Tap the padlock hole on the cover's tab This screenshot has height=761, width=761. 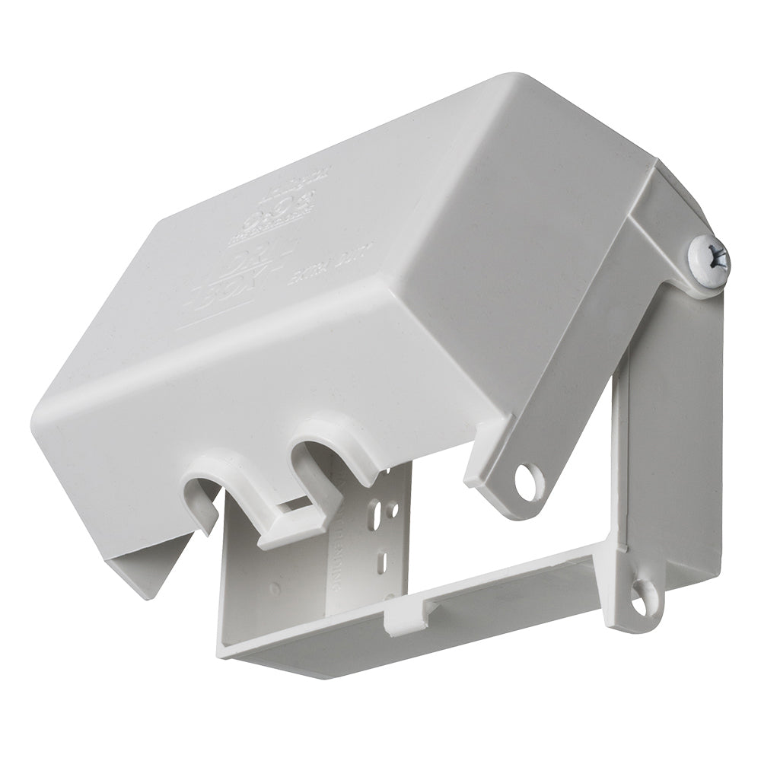pos(528,481)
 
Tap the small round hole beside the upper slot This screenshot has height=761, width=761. pos(395,510)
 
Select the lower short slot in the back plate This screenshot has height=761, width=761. pos(383,564)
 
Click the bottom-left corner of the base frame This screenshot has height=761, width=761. pos(228,651)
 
